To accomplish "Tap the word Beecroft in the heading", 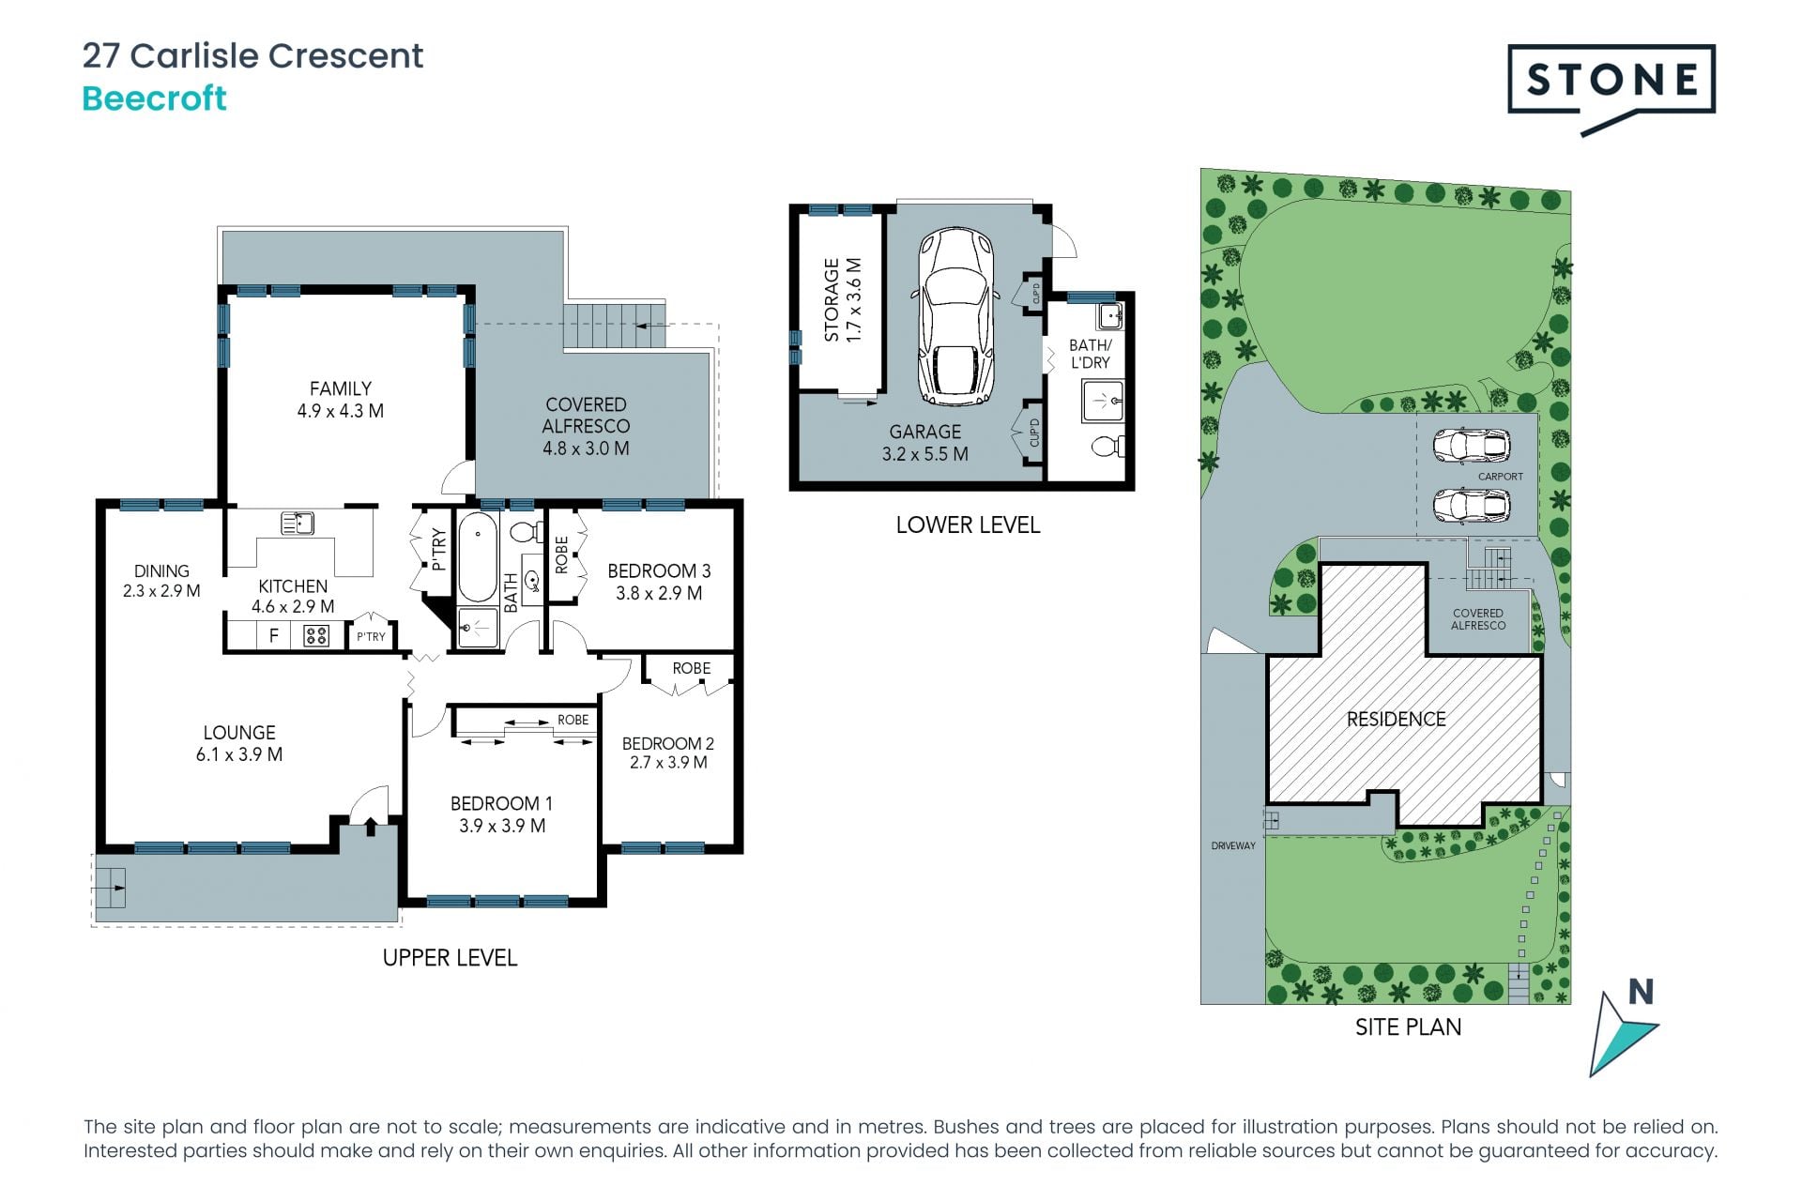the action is (x=155, y=99).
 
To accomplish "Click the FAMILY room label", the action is (x=341, y=388).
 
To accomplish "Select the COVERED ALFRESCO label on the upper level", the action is (x=586, y=415).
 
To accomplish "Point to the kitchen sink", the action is (x=298, y=524).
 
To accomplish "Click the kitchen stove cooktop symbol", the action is (x=316, y=636).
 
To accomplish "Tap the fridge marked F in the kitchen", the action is (x=274, y=636).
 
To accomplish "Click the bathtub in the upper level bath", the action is (x=478, y=556).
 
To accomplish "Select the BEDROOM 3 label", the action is (x=659, y=570).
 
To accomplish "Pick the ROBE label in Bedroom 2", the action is (x=692, y=668).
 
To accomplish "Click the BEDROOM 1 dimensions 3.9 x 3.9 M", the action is (x=502, y=826).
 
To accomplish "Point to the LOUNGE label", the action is (x=239, y=733).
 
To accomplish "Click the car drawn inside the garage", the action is (x=956, y=315).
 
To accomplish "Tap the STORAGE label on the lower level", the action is (x=832, y=300).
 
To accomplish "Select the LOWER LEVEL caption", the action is (x=968, y=525).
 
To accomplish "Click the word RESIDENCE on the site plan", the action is (x=1397, y=720).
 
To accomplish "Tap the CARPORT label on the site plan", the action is (x=1501, y=477).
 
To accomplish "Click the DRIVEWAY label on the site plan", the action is (x=1233, y=845).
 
